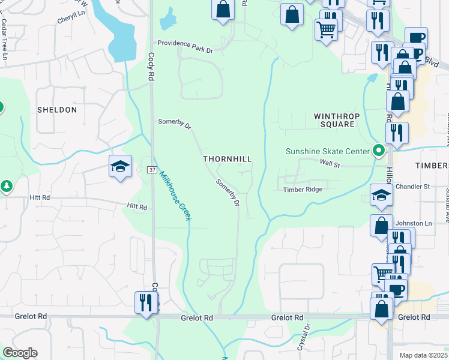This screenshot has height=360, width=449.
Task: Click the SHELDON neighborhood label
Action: pos(57,110)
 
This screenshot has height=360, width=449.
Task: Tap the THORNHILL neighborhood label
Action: pos(227,159)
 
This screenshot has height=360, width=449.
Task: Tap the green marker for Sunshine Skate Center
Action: pos(378,151)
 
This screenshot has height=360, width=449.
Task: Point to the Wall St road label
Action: pos(330,163)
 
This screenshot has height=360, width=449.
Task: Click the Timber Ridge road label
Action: pos(303,190)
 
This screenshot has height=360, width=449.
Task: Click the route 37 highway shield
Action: pos(152,171)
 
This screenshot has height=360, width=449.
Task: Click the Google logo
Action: pos(20,353)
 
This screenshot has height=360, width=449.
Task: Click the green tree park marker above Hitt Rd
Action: pos(7,186)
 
